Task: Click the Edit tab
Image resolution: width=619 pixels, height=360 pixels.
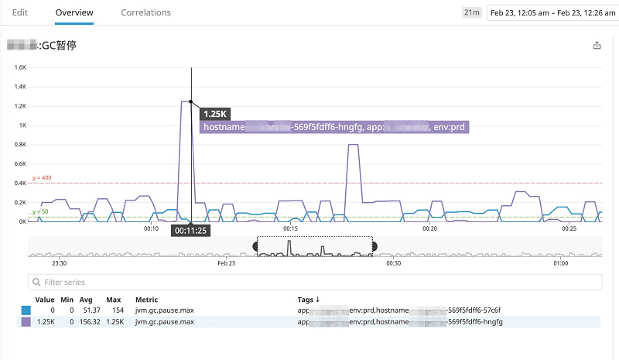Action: [21, 12]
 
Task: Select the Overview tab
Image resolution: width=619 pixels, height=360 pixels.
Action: [75, 12]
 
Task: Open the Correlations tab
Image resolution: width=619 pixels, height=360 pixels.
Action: [146, 12]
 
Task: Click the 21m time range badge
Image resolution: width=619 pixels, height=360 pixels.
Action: [470, 12]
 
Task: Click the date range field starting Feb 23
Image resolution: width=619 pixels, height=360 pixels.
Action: [551, 12]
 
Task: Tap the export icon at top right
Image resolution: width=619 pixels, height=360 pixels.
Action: [597, 46]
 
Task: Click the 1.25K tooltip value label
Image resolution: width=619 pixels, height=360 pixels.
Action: [215, 114]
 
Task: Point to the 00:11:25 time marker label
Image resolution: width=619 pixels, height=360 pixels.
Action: [191, 230]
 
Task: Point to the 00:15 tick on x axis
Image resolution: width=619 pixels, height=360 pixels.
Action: [291, 228]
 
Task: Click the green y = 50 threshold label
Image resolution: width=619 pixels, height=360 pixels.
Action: [40, 211]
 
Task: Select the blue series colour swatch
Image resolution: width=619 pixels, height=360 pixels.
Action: [26, 310]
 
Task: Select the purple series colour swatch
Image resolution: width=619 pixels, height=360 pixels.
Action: [26, 321]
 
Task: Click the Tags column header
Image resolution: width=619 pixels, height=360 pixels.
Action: [309, 299]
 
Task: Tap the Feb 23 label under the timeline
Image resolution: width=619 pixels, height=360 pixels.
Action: [227, 263]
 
